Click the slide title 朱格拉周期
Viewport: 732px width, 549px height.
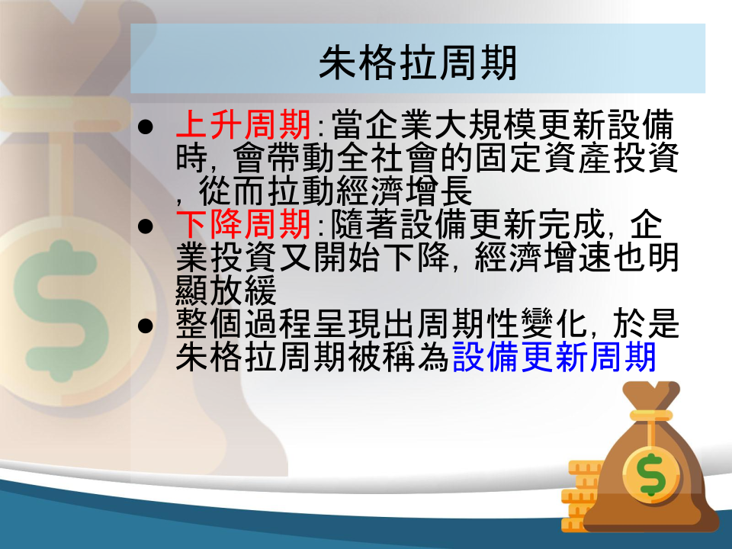coord(418,63)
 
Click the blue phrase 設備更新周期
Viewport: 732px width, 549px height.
coord(554,357)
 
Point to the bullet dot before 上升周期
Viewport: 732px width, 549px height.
coord(146,127)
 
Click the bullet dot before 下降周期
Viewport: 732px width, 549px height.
coord(146,226)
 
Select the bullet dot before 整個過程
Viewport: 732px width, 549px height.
coord(146,326)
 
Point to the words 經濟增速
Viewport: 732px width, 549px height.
coord(543,257)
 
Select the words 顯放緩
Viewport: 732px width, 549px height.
coord(226,291)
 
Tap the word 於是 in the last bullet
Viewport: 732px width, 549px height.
coord(646,323)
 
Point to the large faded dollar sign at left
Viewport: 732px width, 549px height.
coord(61,310)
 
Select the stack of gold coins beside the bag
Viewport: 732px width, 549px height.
coord(582,496)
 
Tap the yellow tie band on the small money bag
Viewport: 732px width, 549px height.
coord(652,415)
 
